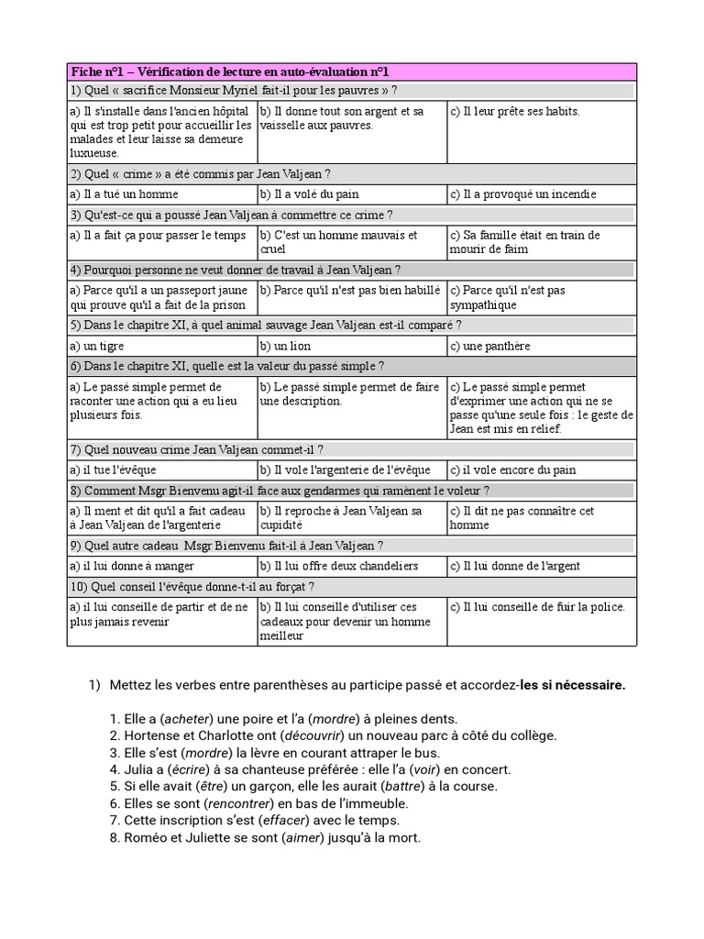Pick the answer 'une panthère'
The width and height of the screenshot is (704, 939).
(x=490, y=347)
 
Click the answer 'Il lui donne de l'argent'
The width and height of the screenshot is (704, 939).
(x=514, y=566)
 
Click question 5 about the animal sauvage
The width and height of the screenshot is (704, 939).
(x=266, y=325)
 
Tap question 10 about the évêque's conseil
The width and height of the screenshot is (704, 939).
(x=192, y=586)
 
